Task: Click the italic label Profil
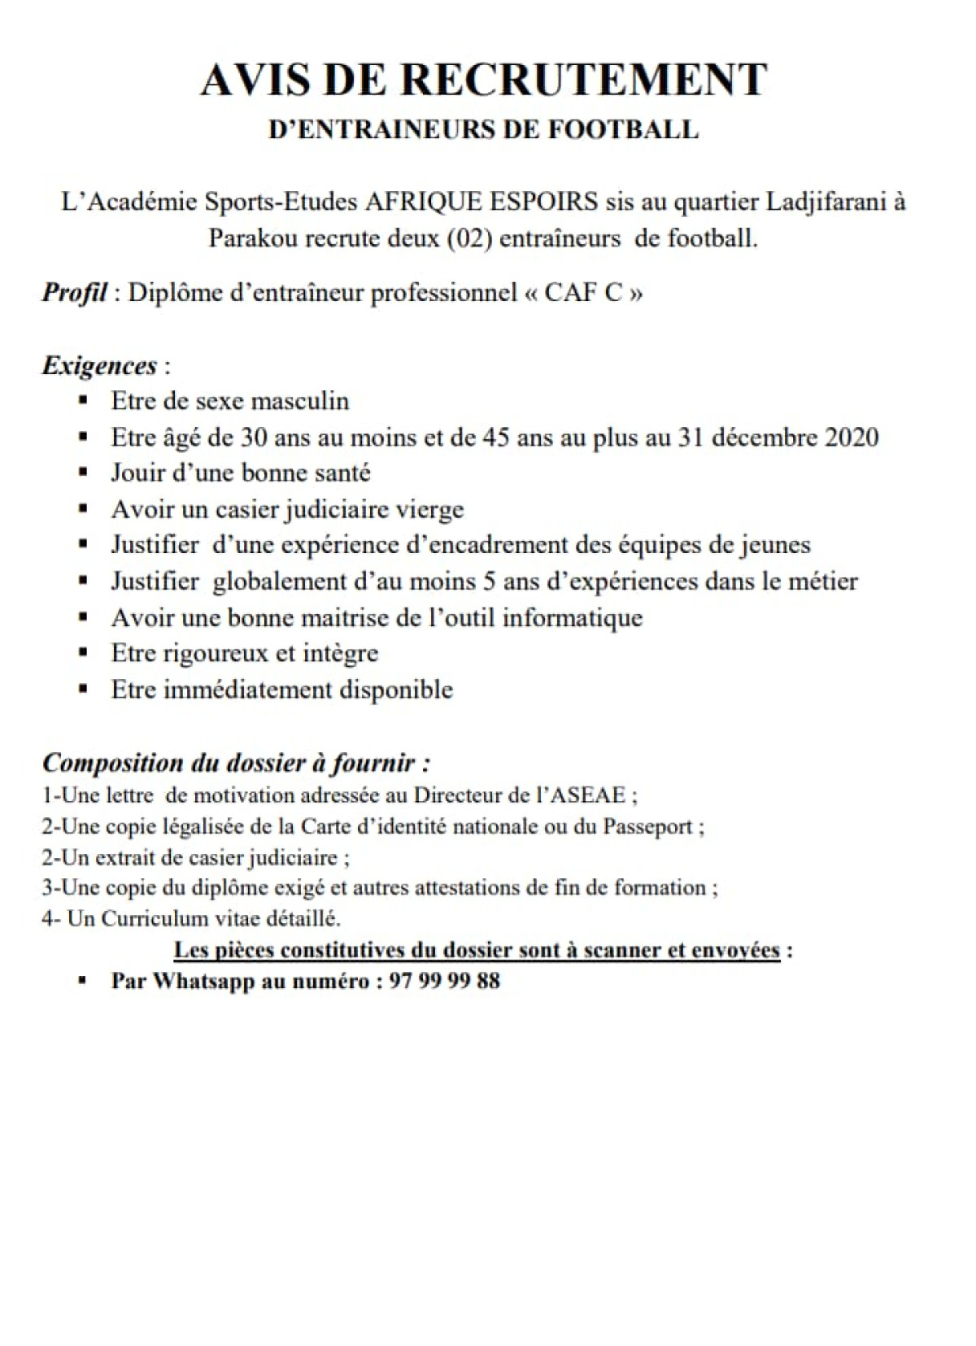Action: pos(74,293)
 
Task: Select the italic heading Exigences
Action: pos(99,365)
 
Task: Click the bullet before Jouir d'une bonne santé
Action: pos(83,473)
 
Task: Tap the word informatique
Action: pos(573,618)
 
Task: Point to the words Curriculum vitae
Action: pos(168,918)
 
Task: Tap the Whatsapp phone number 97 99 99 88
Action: pos(445,981)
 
